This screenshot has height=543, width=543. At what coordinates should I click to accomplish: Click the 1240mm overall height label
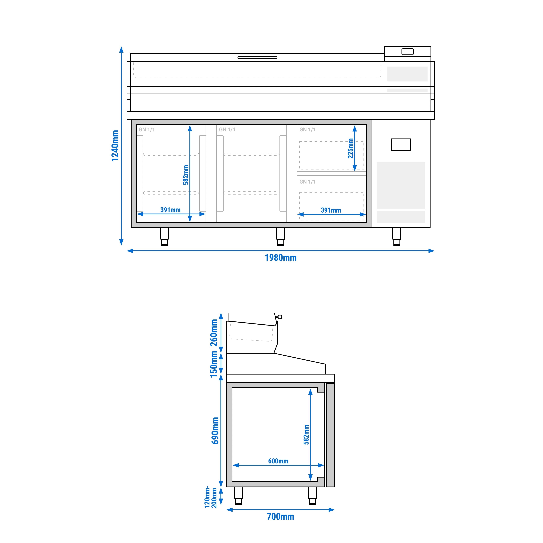click(x=115, y=146)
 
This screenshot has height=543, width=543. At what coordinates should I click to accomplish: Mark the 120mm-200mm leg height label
click(x=211, y=497)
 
